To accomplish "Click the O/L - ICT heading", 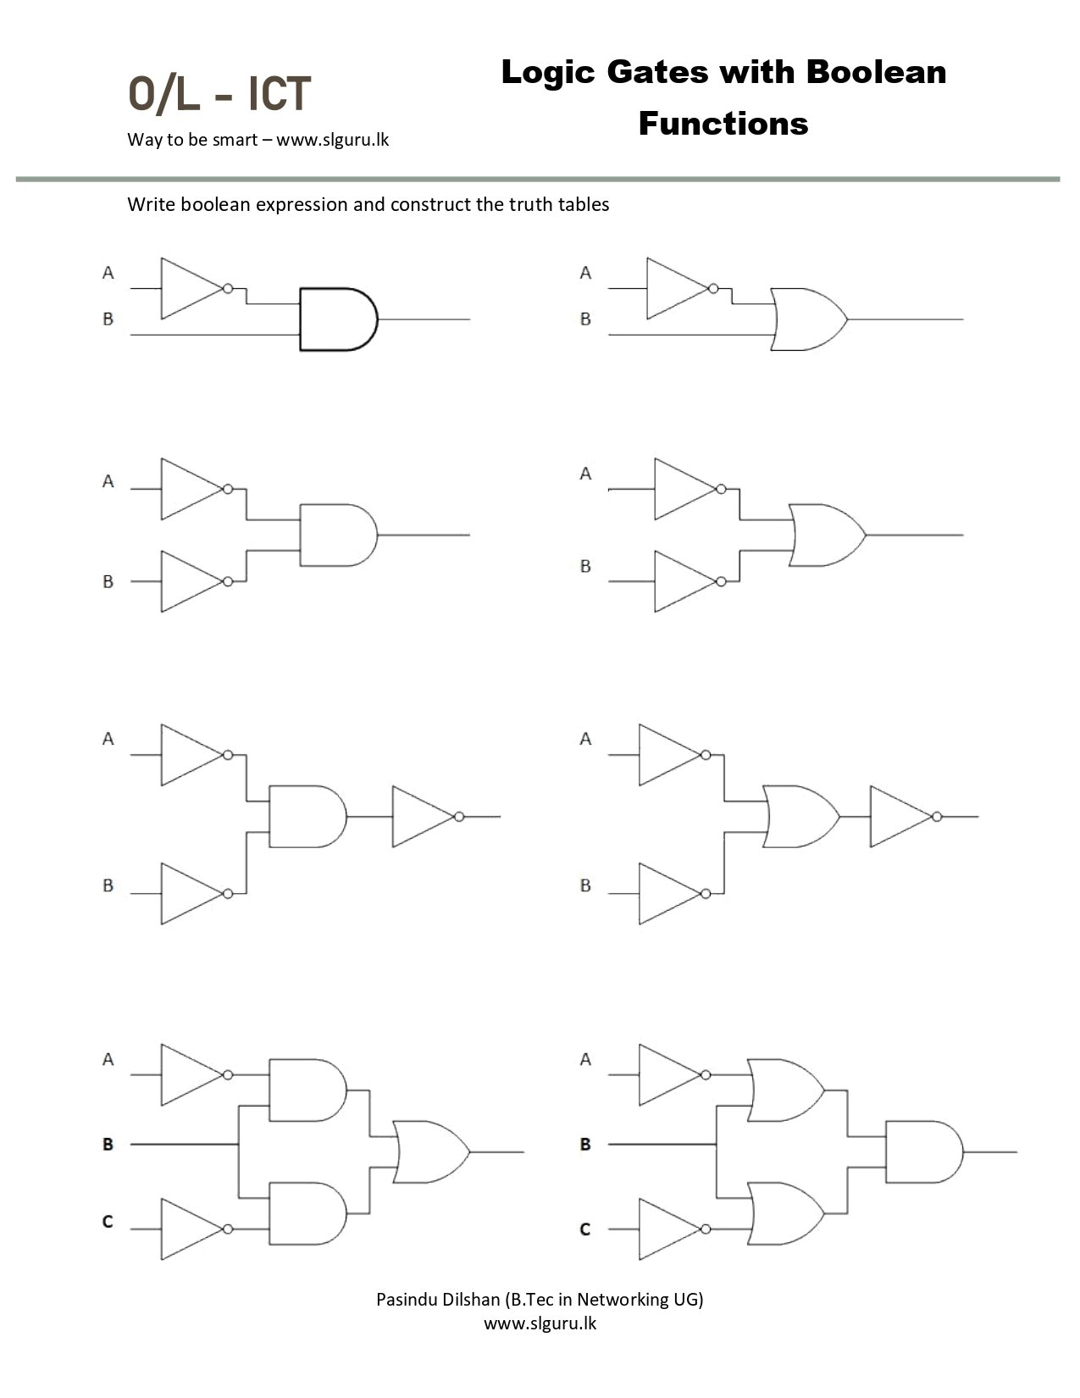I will (x=219, y=93).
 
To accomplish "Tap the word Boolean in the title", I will (x=876, y=72).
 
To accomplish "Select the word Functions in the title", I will (x=723, y=124).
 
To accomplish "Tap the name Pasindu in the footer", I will (x=406, y=1299).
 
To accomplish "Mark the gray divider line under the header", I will (x=538, y=180).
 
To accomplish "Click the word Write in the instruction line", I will (x=150, y=204).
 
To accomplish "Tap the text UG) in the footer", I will (x=689, y=1299).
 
